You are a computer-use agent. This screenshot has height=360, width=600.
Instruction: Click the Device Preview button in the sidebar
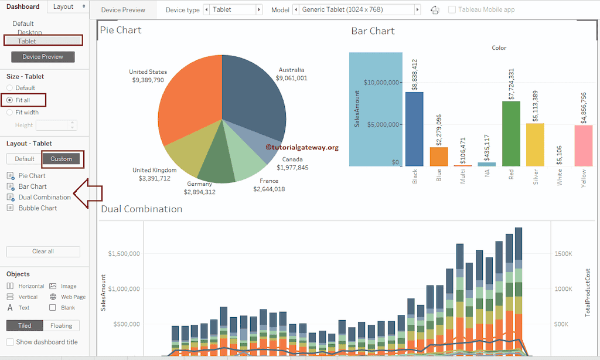(x=43, y=57)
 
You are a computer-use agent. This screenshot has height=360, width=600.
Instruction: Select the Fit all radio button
(x=9, y=100)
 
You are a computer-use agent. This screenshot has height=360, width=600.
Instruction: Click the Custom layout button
(x=61, y=159)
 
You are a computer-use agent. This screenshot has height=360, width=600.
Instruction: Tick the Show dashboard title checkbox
(x=10, y=342)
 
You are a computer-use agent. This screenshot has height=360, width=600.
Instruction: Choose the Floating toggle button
(x=61, y=325)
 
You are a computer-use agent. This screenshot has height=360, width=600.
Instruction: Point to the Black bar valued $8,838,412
(x=414, y=129)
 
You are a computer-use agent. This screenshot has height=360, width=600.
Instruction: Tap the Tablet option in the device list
(x=27, y=41)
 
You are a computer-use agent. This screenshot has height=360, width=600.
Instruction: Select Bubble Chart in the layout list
(x=37, y=208)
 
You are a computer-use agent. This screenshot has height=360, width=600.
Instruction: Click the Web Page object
(x=73, y=297)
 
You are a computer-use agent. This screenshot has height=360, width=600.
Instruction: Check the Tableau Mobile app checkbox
(x=452, y=10)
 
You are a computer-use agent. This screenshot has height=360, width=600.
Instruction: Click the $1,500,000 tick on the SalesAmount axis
(x=124, y=254)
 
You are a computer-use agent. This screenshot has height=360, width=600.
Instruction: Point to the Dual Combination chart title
(x=141, y=209)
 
